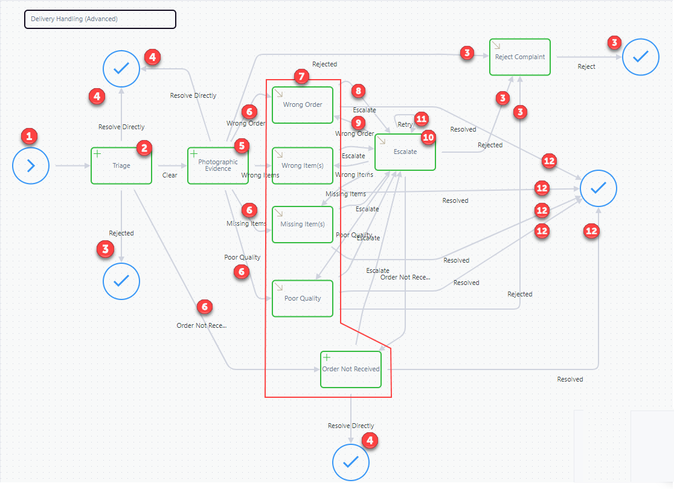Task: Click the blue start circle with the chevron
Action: (x=31, y=166)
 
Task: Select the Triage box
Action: (x=121, y=166)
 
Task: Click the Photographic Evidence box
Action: (x=218, y=166)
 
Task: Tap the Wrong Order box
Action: (x=303, y=105)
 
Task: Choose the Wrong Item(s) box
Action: (x=303, y=166)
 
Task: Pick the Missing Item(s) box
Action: (x=303, y=225)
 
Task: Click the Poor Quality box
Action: (x=303, y=299)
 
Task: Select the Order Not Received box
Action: (x=351, y=369)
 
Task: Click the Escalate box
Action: (x=405, y=152)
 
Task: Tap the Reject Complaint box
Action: (x=520, y=57)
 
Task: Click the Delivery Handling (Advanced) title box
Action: (x=100, y=19)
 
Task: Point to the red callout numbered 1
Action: (x=29, y=136)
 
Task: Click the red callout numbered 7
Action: (x=302, y=77)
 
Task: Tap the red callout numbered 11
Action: (x=422, y=119)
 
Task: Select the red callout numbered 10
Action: (x=428, y=138)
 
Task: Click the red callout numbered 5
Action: (x=242, y=145)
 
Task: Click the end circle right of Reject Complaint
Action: (x=641, y=57)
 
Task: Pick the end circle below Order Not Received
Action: (x=351, y=462)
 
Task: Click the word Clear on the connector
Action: (x=170, y=175)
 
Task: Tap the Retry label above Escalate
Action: (x=405, y=124)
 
